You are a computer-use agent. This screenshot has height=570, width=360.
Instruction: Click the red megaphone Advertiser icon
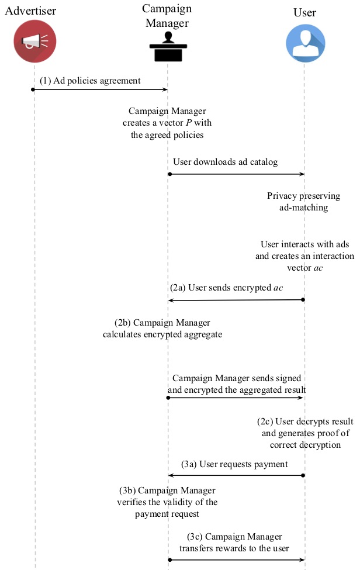pos(35,41)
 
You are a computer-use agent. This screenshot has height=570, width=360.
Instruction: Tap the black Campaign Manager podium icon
pos(168,47)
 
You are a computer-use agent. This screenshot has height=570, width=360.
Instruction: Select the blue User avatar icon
pos(306,43)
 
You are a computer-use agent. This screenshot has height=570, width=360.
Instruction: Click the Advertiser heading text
pos(30,11)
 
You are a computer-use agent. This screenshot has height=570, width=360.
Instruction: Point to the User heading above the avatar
pos(305,13)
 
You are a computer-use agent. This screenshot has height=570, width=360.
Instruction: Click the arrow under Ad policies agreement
pos(100,89)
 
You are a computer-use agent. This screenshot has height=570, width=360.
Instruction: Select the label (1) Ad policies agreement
pos(90,81)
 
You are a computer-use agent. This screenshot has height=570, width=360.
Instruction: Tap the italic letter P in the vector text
pos(189,123)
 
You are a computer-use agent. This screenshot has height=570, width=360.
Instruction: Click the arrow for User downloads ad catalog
pos(237,174)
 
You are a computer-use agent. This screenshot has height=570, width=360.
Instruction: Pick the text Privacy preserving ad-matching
pos(304,202)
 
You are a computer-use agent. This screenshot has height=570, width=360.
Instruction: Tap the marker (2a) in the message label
pos(178,288)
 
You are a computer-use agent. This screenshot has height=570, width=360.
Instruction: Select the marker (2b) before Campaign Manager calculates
pos(122,323)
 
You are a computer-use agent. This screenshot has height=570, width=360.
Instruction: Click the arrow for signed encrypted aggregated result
pos(235,398)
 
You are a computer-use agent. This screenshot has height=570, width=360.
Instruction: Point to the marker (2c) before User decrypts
pos(265,422)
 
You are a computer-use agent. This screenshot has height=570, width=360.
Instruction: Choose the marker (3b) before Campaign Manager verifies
pos(127,490)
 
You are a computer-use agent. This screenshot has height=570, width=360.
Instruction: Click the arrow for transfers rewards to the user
pos(237,560)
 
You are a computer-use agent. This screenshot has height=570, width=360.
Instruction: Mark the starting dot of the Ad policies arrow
pos(33,89)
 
